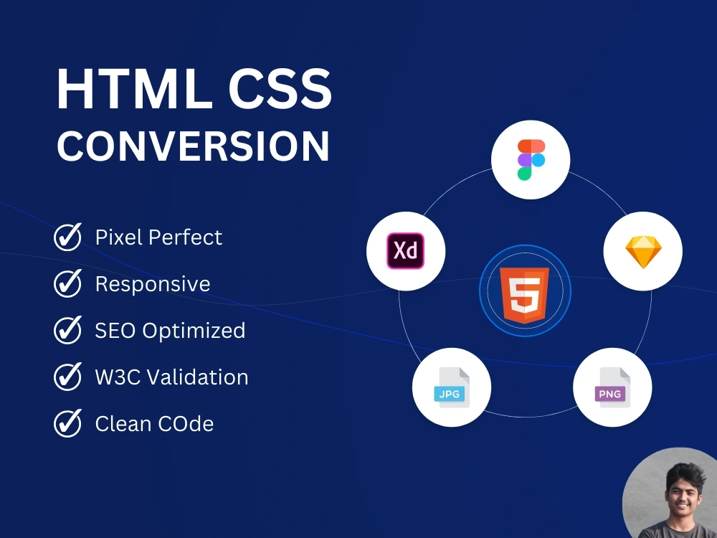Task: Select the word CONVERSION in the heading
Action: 194,146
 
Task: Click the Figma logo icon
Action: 531,159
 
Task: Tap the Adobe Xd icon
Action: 406,251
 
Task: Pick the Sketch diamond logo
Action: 642,251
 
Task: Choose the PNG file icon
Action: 612,388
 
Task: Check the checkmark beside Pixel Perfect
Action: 68,237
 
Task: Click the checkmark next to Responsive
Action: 68,283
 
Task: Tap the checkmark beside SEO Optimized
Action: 68,330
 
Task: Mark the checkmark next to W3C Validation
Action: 68,377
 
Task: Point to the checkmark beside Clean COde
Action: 68,423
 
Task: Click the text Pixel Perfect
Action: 158,237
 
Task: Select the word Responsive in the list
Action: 153,284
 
